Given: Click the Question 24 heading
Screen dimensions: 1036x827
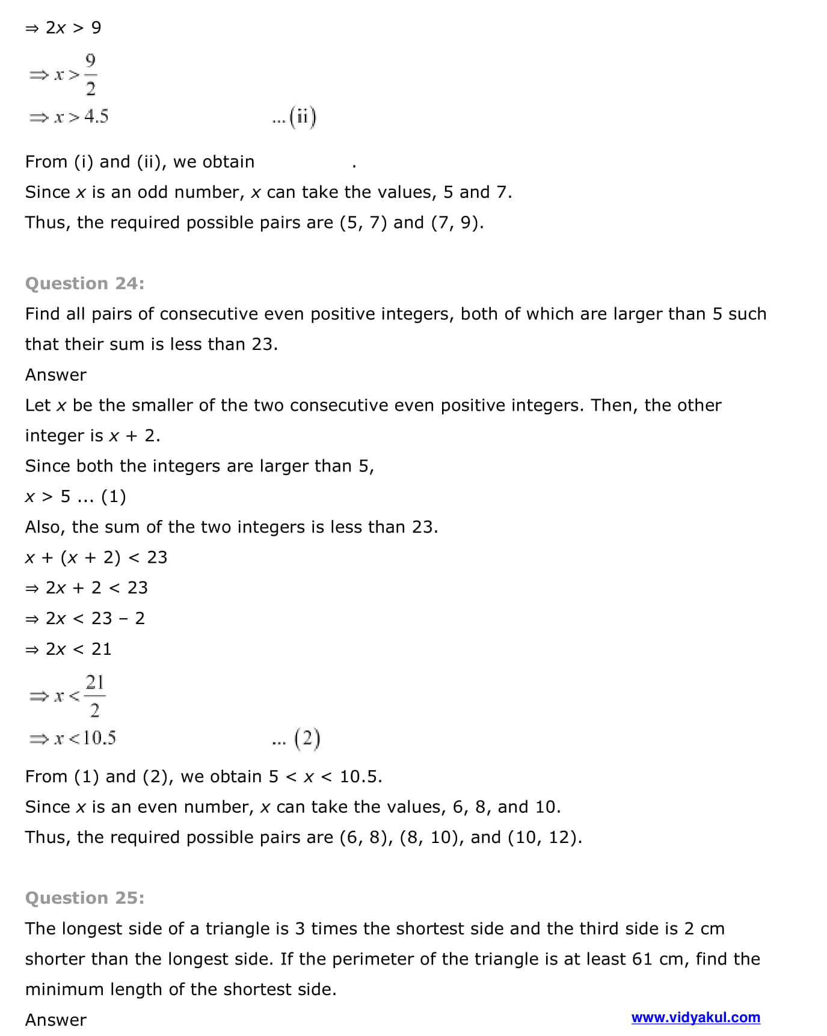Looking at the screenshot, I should [x=85, y=283].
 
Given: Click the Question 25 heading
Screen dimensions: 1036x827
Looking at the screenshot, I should [x=85, y=898].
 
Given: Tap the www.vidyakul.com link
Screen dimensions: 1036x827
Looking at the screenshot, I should [x=695, y=1017].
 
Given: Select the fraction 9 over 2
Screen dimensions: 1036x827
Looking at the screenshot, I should [x=90, y=75].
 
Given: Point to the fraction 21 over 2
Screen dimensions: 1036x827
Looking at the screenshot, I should [x=94, y=696].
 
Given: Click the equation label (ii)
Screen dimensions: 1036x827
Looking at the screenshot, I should [x=302, y=117].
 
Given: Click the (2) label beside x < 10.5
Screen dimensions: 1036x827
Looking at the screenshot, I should [x=307, y=738].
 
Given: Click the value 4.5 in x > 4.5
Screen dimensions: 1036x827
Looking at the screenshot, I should [x=96, y=116].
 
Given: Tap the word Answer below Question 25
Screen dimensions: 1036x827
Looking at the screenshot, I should [x=56, y=1020].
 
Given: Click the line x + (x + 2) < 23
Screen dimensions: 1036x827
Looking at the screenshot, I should [x=96, y=557].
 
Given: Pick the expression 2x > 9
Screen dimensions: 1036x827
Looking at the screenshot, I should [x=73, y=28].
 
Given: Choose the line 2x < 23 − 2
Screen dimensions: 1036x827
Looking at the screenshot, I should [x=94, y=618].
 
